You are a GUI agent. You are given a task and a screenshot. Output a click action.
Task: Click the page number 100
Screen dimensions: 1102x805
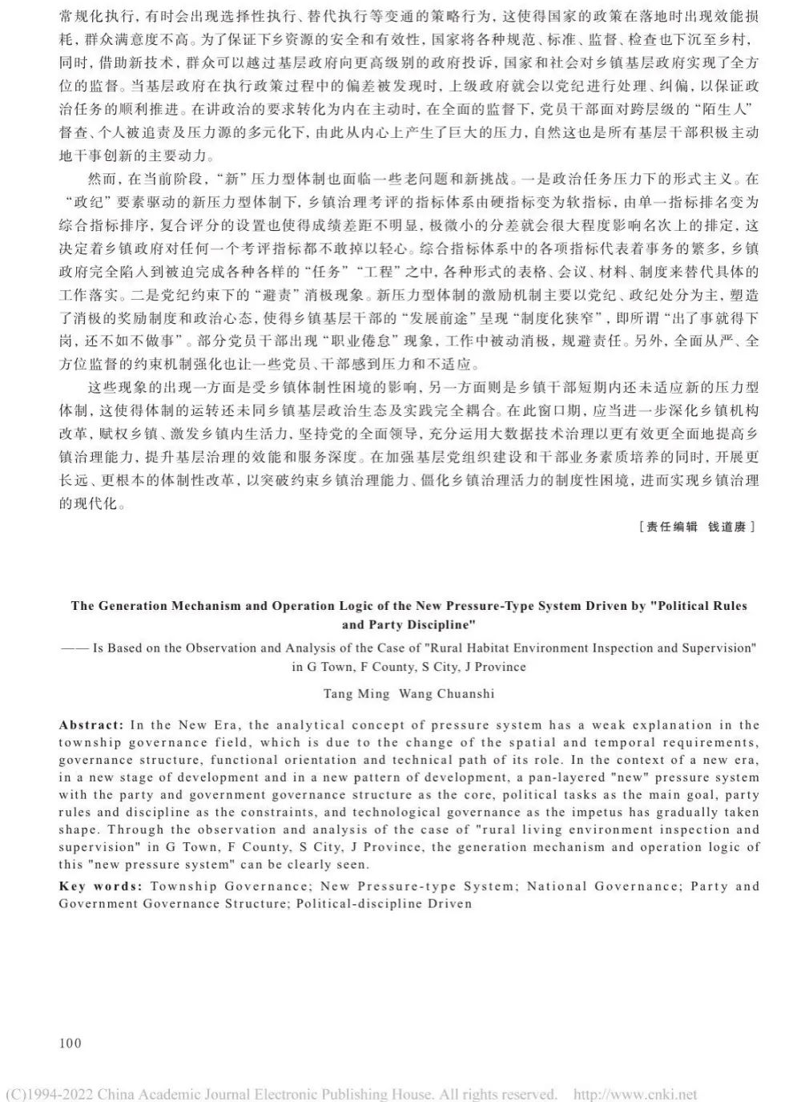(x=70, y=1043)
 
